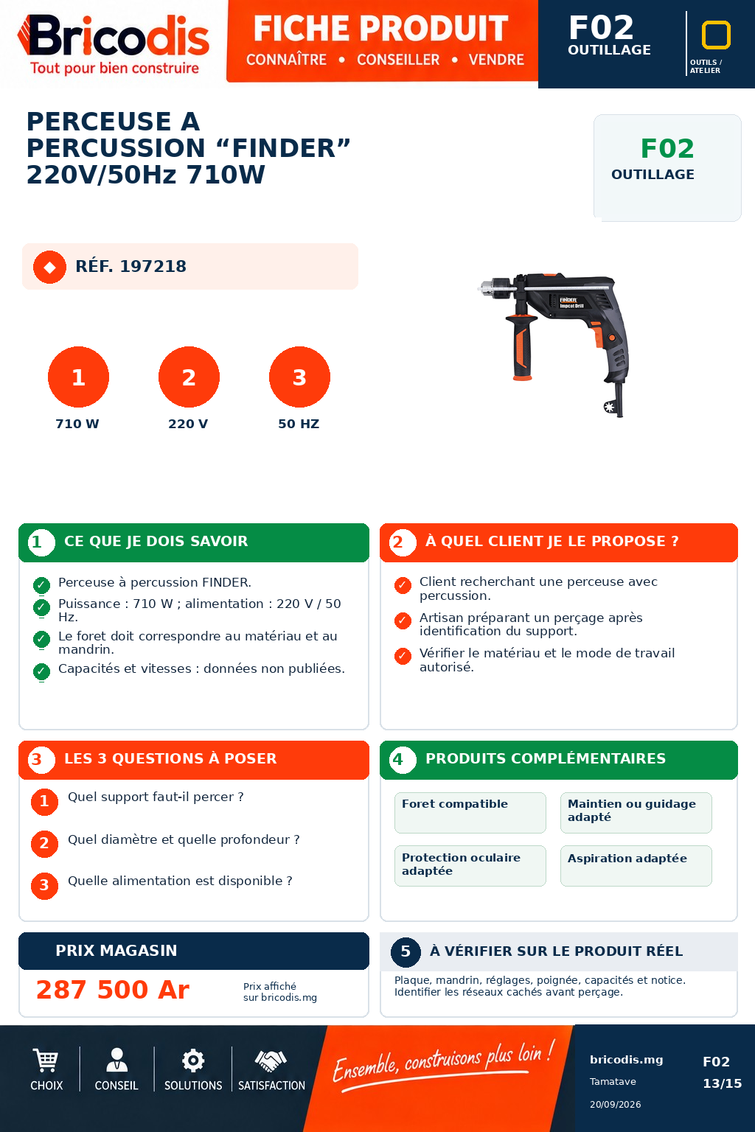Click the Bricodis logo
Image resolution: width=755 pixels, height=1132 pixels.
tap(114, 44)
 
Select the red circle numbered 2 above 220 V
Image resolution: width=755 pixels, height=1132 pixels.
tap(189, 377)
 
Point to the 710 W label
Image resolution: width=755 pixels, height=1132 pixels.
tap(77, 424)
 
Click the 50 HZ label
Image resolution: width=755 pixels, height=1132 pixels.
tap(299, 424)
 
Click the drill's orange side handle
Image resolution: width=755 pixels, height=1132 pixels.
tap(523, 349)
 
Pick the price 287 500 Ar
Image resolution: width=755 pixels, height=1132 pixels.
tap(113, 989)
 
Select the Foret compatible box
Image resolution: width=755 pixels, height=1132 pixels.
tap(470, 813)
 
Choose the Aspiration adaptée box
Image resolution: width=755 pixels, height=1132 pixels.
tap(636, 866)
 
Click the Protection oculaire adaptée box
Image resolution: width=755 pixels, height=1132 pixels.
tap(470, 866)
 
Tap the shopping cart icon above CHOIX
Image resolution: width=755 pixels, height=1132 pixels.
tap(46, 1060)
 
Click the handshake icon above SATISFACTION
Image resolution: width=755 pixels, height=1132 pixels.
tap(271, 1061)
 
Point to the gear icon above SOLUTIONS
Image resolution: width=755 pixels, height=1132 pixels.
tap(193, 1061)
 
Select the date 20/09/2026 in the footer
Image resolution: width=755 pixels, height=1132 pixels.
tap(615, 1105)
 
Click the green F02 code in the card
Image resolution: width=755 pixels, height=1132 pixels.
tap(667, 149)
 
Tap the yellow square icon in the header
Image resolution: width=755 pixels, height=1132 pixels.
tap(716, 35)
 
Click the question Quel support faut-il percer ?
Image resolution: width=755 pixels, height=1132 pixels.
tap(156, 797)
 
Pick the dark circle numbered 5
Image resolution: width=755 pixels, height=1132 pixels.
tap(406, 951)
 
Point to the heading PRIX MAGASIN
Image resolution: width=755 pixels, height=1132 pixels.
tap(116, 951)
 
